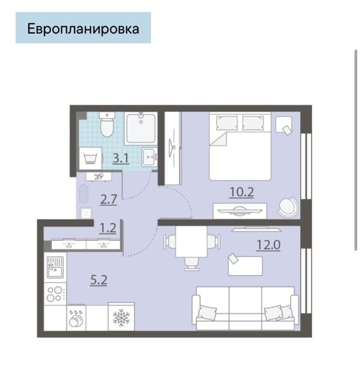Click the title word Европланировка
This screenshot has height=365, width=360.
[83, 29]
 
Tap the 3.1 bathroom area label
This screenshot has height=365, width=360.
[121, 158]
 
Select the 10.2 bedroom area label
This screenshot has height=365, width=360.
[241, 192]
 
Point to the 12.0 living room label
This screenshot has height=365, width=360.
[268, 245]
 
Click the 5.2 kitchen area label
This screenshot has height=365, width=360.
[99, 280]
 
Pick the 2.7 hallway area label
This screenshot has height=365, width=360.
[108, 199]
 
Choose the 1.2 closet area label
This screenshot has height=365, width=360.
[108, 228]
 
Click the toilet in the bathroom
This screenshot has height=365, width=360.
[107, 124]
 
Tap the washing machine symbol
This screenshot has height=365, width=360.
[90, 158]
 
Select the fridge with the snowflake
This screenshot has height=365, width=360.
[121, 317]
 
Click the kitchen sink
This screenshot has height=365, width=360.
[55, 268]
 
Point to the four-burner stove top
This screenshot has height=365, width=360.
[55, 294]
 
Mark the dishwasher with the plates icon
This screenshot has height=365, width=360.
[76, 318]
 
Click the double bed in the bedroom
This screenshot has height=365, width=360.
[240, 146]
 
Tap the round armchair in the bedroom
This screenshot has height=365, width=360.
[288, 207]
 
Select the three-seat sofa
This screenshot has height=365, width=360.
[245, 308]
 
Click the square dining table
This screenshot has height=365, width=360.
[191, 241]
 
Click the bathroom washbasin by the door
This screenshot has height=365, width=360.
[149, 157]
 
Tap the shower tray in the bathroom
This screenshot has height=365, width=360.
[141, 129]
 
